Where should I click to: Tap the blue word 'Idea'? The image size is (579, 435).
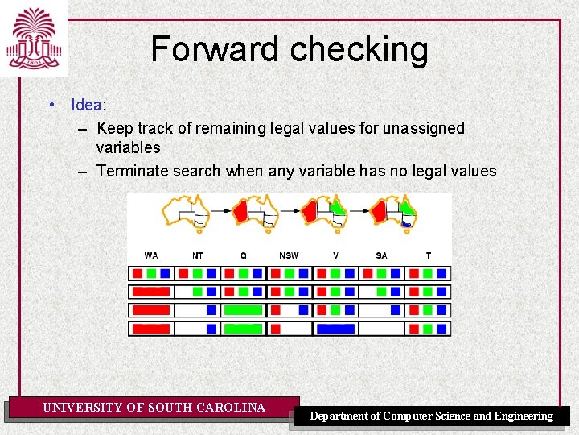(x=86, y=105)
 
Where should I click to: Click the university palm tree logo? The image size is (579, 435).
(x=33, y=39)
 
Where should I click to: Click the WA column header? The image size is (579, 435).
(x=151, y=255)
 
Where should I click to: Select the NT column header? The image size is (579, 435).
(x=198, y=255)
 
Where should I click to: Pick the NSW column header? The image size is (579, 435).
(x=289, y=255)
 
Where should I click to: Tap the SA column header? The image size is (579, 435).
(x=381, y=255)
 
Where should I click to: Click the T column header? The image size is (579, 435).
(x=428, y=255)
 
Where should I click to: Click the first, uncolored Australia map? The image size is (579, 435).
(x=185, y=213)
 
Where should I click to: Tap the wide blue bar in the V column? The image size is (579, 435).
(x=335, y=329)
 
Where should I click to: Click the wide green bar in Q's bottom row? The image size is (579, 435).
(x=243, y=329)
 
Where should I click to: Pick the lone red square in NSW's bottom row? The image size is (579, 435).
(x=276, y=329)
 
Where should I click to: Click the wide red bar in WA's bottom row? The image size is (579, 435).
(x=150, y=329)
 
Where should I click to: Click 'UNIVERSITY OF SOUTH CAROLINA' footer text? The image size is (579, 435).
(x=154, y=408)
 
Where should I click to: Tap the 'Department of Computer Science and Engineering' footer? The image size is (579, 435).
(x=432, y=416)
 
